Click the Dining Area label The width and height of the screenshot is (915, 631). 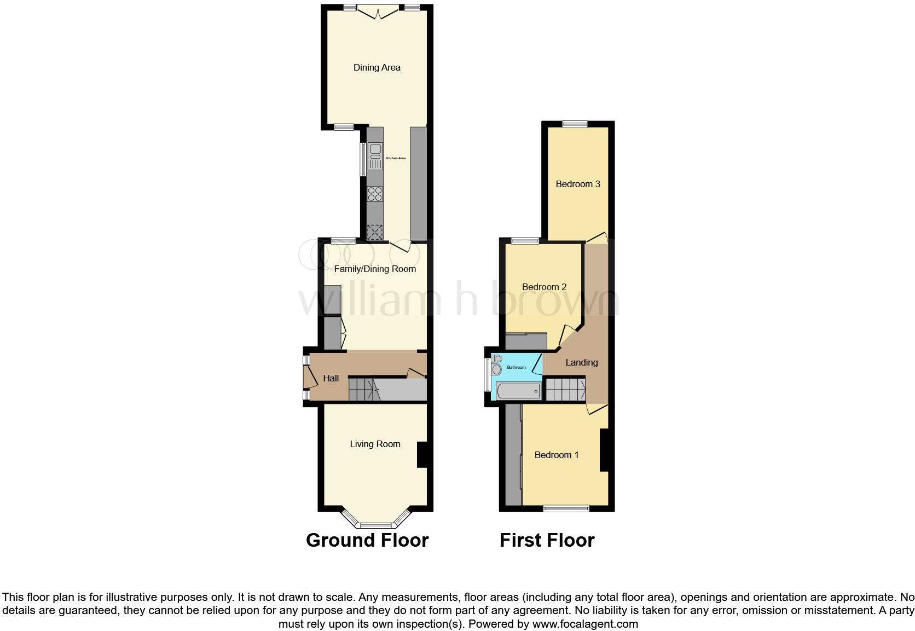pos(377,67)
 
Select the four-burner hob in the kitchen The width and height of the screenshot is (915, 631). pos(375,194)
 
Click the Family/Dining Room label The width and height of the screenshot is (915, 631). pos(375,269)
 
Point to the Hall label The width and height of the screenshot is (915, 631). pos(331,378)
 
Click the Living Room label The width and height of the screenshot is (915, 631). pos(375,444)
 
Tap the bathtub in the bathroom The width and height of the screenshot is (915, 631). pos(518,391)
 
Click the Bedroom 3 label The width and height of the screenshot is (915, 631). pos(578,184)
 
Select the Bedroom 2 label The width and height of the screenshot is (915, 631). pos(544,287)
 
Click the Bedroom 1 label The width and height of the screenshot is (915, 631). pos(557,455)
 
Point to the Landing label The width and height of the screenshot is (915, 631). pos(581,362)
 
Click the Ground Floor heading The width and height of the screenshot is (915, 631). pos(367,540)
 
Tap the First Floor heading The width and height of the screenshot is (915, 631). pos(547,540)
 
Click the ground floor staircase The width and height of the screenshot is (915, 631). pos(364,390)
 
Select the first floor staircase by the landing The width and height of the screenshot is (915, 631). pos(566,390)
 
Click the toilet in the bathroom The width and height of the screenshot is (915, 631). pos(496,366)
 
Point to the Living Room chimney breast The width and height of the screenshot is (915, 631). pos(422,455)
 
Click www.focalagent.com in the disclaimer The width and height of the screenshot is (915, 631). pos(585,623)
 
